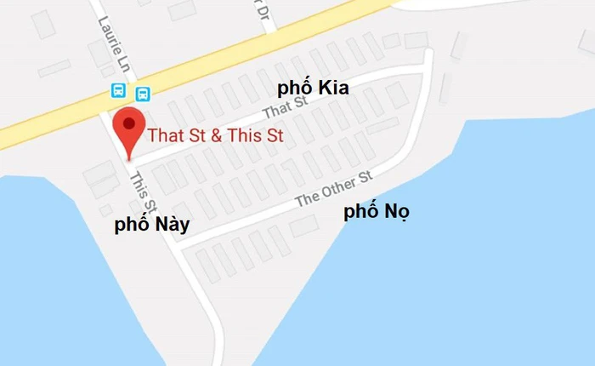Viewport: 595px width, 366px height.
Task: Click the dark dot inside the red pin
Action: click(x=128, y=123)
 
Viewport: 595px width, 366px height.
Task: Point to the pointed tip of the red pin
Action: click(x=128, y=159)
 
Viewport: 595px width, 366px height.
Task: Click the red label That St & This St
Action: click(x=216, y=134)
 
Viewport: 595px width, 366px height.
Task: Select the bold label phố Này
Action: click(x=152, y=225)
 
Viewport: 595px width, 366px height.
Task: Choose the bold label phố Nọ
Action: click(x=377, y=213)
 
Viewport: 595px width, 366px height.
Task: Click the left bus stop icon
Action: click(x=118, y=90)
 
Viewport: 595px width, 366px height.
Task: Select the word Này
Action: click(x=171, y=225)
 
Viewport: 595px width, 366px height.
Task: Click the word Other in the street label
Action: click(x=337, y=188)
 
